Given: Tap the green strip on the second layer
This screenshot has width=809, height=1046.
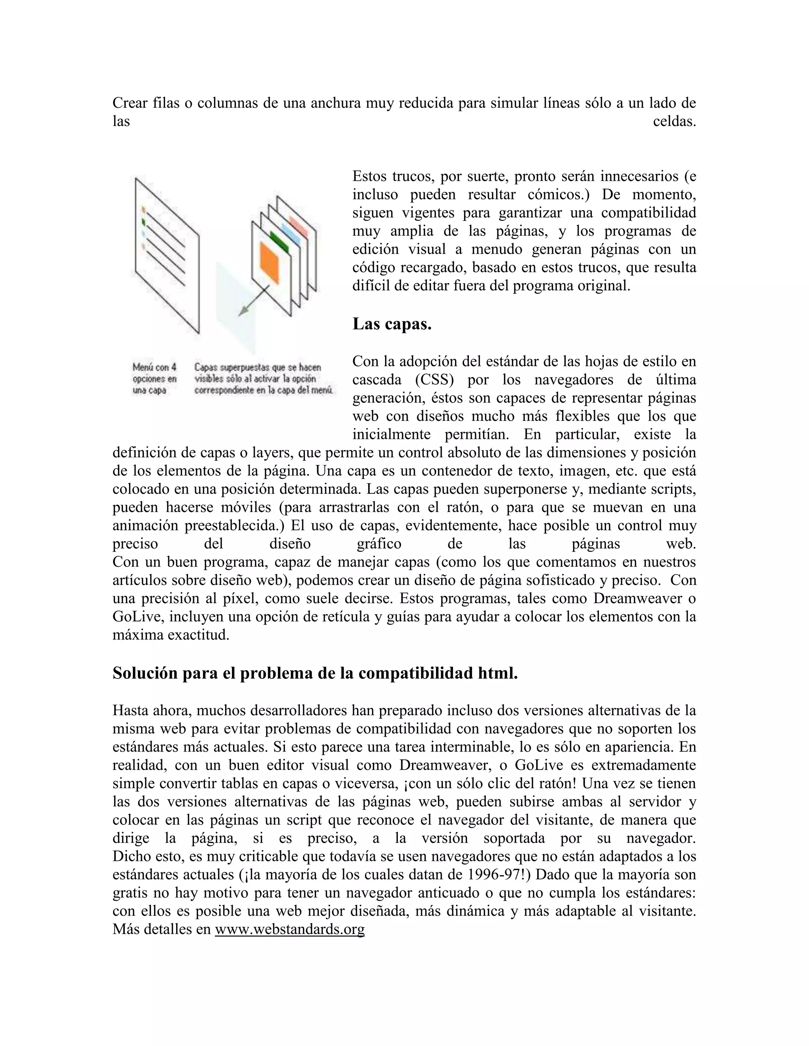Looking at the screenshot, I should [279, 242].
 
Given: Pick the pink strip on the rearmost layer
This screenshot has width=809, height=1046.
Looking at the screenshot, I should [298, 225].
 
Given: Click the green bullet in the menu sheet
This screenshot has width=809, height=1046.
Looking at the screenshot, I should [143, 222].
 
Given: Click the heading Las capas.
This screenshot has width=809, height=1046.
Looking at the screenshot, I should [391, 324].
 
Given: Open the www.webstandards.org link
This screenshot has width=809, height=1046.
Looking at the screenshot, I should [290, 929].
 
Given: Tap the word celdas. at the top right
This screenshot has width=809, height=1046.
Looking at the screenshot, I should [674, 122].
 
